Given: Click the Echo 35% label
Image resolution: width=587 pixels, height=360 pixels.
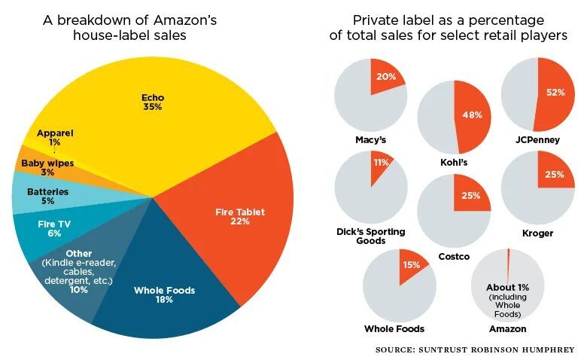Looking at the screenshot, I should point(153,102).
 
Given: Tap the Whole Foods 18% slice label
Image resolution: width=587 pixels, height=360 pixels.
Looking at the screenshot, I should point(164,294).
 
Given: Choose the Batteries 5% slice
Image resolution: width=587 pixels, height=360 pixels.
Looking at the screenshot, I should point(44,197).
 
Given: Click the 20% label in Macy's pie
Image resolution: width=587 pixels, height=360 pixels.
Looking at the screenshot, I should point(385,78).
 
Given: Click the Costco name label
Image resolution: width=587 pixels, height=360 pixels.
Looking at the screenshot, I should point(454,257).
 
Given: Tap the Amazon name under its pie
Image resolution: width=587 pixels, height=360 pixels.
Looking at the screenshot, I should point(507,329).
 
